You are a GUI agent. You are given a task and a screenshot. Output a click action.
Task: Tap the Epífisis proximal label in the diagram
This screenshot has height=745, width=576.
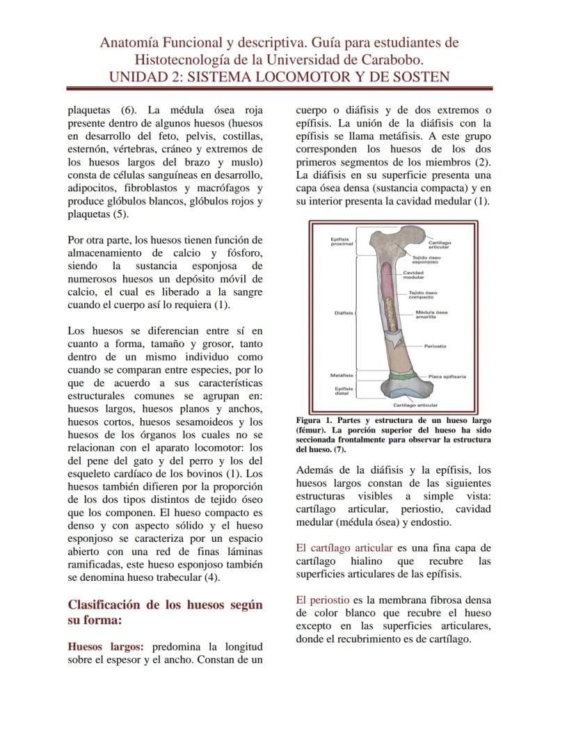[x=342, y=241]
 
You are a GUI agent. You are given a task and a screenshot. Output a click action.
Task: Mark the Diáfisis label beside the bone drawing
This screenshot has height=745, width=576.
[x=343, y=313]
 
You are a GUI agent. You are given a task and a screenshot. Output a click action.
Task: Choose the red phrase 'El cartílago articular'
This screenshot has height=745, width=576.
[x=345, y=547]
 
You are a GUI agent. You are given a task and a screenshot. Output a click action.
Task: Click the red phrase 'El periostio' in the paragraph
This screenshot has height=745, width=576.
[x=323, y=599]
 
